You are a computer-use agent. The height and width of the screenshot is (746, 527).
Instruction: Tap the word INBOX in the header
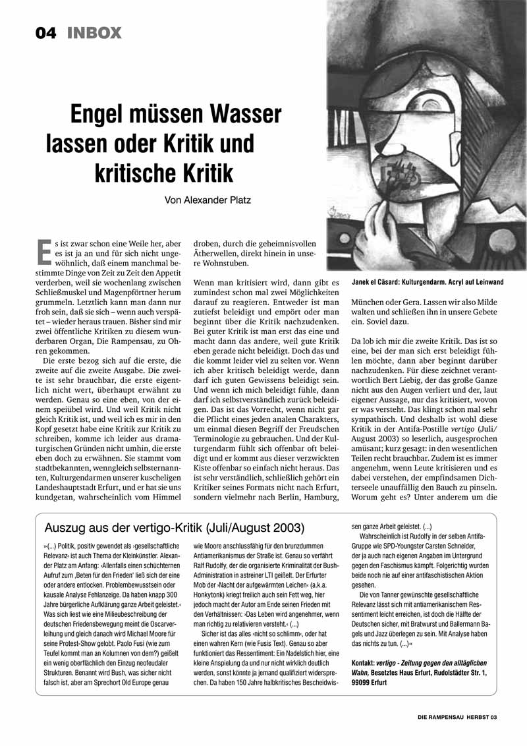tap(94, 32)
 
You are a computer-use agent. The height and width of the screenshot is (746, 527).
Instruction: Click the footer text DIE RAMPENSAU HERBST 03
tap(460, 718)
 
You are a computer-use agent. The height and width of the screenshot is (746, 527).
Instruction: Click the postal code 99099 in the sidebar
tap(363, 683)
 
